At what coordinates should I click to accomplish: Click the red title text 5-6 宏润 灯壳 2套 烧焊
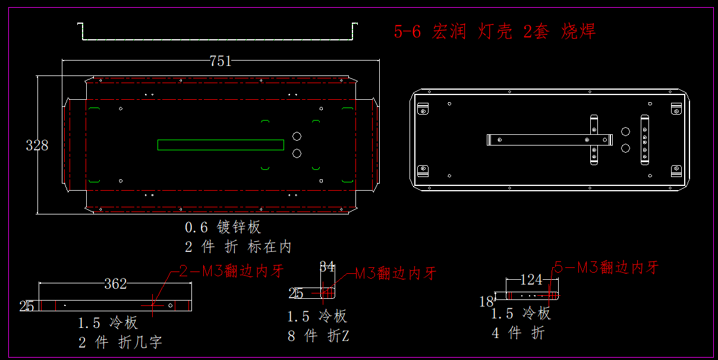pyautogui.click(x=495, y=31)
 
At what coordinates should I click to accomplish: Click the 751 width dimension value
pyautogui.click(x=221, y=61)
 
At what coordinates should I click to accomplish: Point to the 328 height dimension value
pyautogui.click(x=37, y=146)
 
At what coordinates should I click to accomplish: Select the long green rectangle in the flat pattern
pyautogui.click(x=221, y=145)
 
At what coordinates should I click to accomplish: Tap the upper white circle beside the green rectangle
pyautogui.click(x=297, y=137)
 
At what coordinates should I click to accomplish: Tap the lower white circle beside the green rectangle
pyautogui.click(x=297, y=153)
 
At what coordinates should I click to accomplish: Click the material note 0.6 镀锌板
pyautogui.click(x=223, y=227)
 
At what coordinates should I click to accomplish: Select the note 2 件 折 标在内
pyautogui.click(x=238, y=247)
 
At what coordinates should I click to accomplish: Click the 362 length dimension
pyautogui.click(x=115, y=283)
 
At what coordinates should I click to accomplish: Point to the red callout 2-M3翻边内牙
pyautogui.click(x=231, y=271)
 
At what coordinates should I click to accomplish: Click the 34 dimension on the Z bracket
pyautogui.click(x=327, y=267)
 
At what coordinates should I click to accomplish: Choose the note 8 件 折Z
pyautogui.click(x=319, y=336)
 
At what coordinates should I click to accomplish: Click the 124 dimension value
pyautogui.click(x=531, y=280)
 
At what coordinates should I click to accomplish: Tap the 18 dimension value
pyautogui.click(x=486, y=301)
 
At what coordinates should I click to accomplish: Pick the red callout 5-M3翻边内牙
pyautogui.click(x=606, y=267)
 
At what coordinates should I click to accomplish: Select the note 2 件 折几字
pyautogui.click(x=120, y=342)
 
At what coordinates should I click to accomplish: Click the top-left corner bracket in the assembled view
pyautogui.click(x=423, y=109)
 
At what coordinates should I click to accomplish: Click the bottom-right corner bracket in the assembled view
pyautogui.click(x=676, y=170)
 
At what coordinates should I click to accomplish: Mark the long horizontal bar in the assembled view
pyautogui.click(x=550, y=140)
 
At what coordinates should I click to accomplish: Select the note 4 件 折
pyautogui.click(x=518, y=333)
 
